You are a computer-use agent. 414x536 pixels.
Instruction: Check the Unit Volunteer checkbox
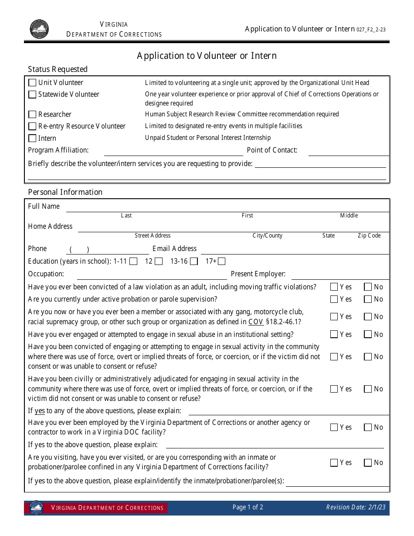[32, 83]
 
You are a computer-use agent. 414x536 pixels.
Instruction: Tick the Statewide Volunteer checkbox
[32, 95]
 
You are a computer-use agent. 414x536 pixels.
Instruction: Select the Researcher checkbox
[32, 115]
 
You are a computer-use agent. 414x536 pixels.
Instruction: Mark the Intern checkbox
[32, 138]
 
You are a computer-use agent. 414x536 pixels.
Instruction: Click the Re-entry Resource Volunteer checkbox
[32, 126]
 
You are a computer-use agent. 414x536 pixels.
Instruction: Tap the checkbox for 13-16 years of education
[193, 261]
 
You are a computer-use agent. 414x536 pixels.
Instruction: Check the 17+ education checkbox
[221, 261]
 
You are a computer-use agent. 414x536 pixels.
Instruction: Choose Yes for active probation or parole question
[334, 299]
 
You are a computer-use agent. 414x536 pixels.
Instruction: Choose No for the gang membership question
[368, 317]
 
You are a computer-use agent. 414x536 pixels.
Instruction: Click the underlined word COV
[256, 322]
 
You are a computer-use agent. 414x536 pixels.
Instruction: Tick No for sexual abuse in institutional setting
[368, 335]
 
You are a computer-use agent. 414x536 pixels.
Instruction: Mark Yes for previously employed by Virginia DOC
[334, 427]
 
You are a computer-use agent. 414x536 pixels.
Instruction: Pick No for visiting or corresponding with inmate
[368, 463]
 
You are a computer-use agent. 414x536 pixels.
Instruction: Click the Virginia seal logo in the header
[39, 29]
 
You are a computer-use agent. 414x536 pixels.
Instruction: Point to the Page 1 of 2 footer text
[248, 507]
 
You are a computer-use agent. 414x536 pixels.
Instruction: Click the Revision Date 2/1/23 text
[356, 507]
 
